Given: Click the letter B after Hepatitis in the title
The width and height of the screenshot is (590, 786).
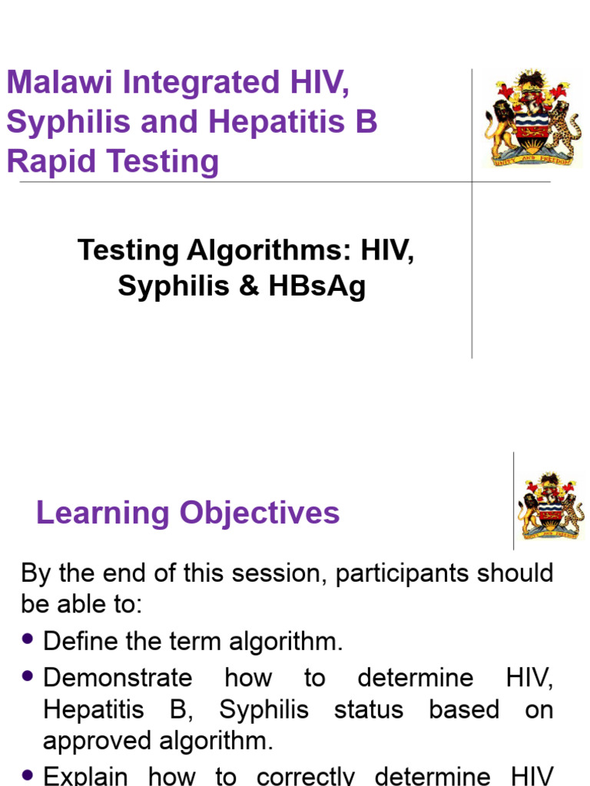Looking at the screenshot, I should click(366, 123).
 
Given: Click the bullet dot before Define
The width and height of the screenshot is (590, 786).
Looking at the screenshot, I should click(29, 639).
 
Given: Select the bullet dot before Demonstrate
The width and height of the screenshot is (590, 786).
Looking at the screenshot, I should click(29, 675).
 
